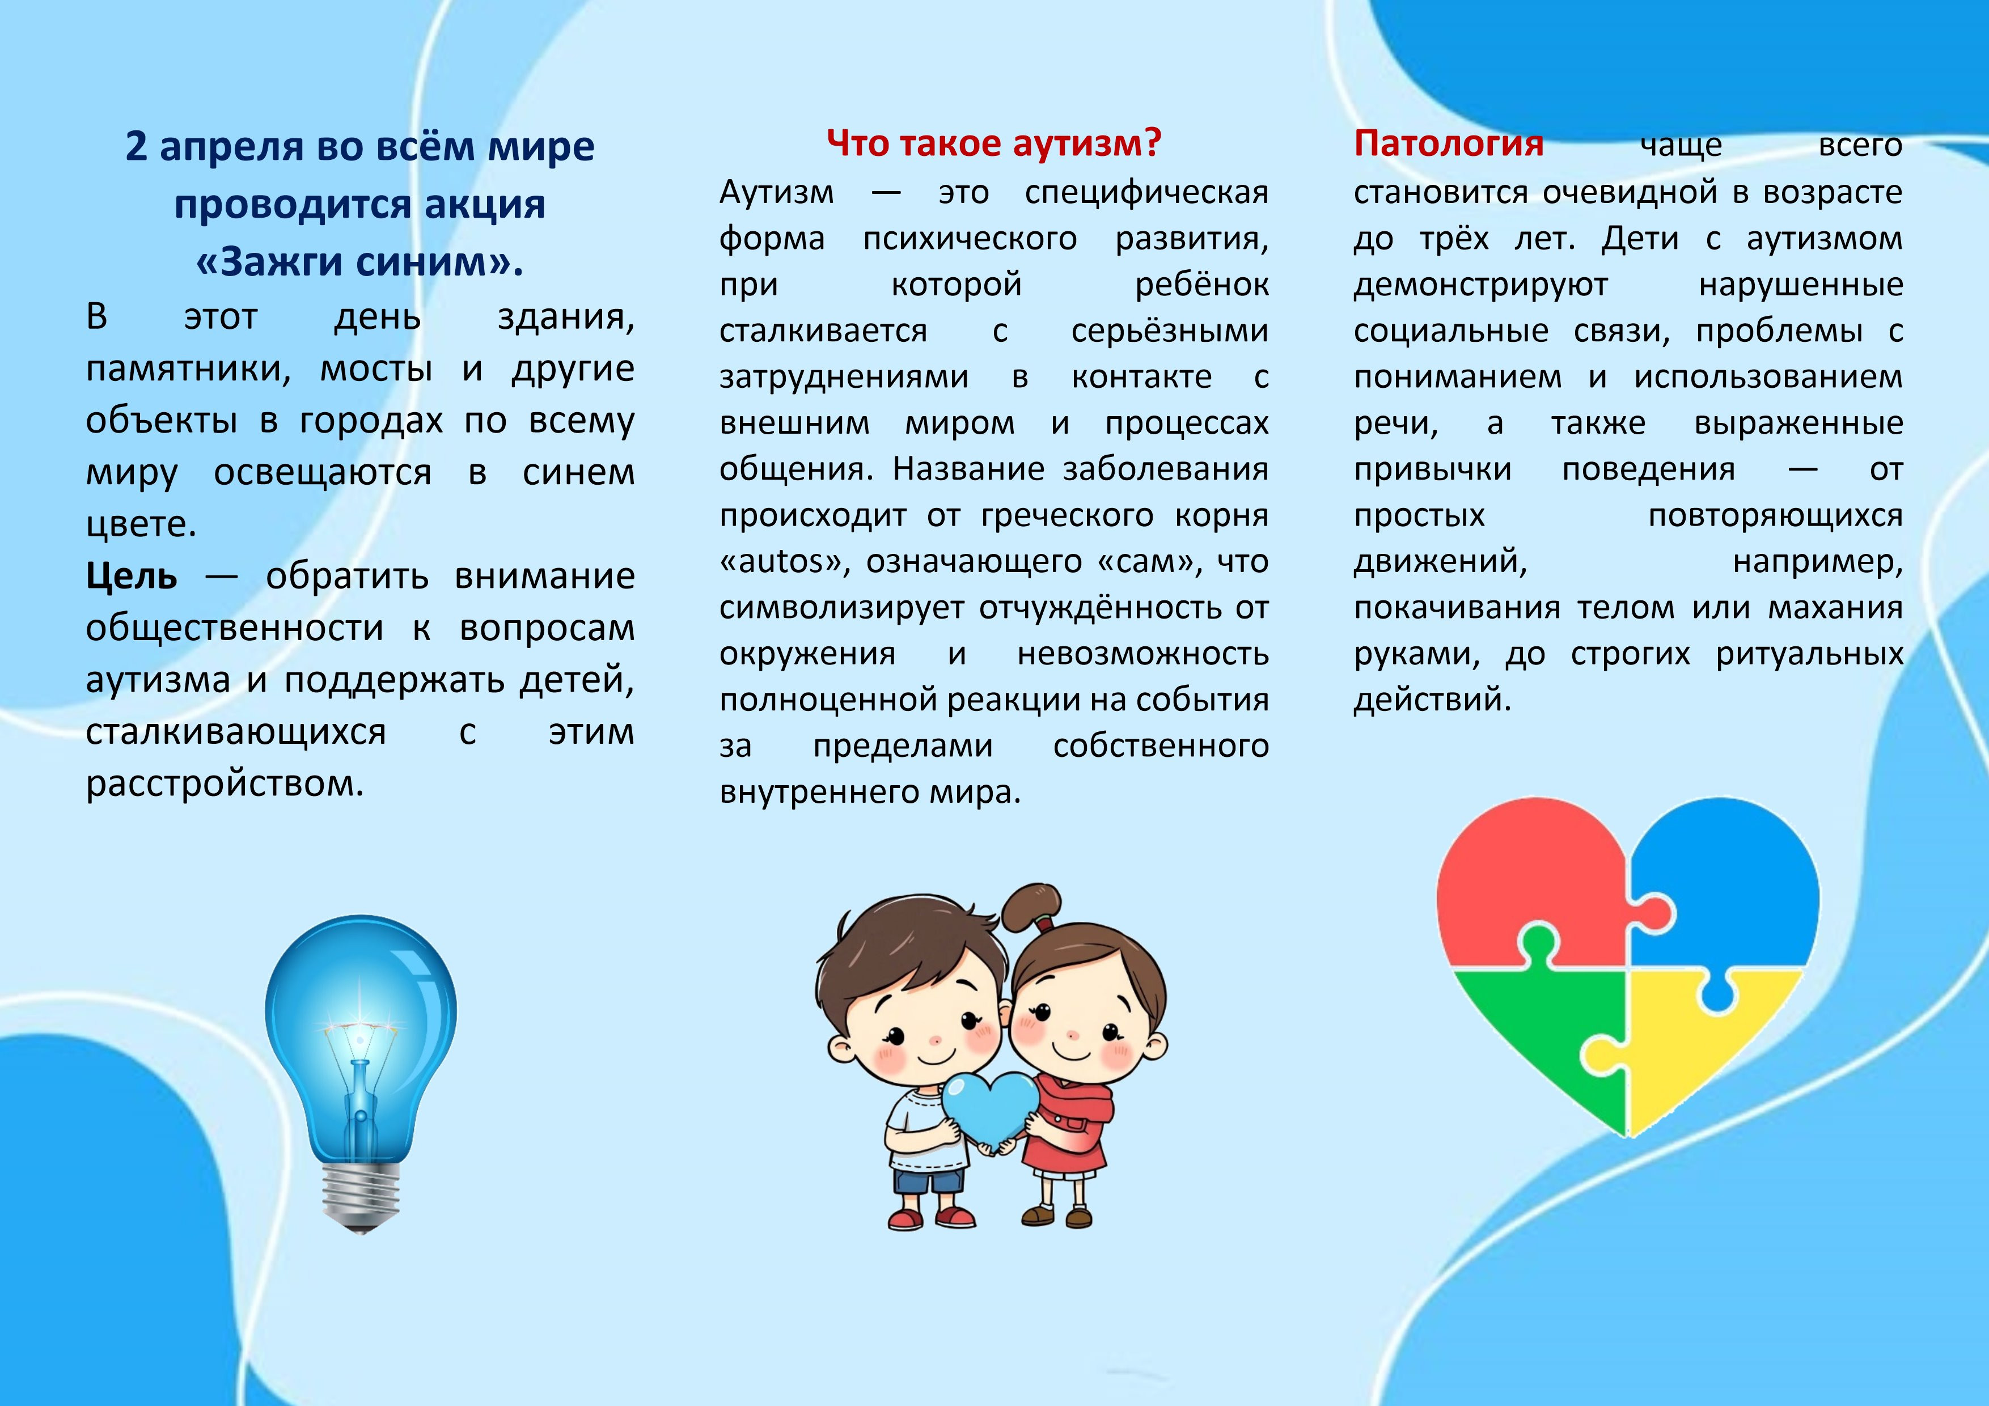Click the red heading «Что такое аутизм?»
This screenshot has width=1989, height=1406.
[993, 143]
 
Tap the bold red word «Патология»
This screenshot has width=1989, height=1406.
[1449, 143]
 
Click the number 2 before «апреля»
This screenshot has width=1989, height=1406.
[136, 146]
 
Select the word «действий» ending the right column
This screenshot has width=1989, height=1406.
[1433, 699]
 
